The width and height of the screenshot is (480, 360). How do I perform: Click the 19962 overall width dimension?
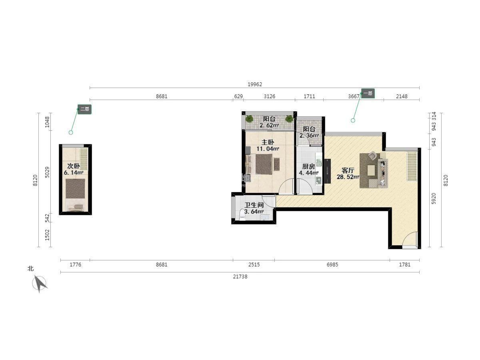(255, 84)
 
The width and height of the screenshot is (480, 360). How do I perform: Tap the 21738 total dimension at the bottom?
(240, 277)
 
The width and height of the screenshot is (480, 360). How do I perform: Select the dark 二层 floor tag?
(85, 109)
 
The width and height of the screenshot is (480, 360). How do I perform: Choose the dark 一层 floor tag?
(368, 93)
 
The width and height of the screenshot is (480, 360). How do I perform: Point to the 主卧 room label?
(268, 142)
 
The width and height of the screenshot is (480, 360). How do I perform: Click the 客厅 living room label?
(348, 170)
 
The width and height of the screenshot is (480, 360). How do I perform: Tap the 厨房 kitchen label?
(308, 166)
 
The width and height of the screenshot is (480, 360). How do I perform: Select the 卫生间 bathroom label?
(254, 205)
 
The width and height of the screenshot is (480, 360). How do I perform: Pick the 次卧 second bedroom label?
(74, 166)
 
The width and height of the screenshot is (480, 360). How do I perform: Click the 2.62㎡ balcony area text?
(269, 126)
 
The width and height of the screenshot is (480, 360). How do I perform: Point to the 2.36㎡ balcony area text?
(309, 136)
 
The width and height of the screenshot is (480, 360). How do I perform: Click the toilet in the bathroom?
(242, 215)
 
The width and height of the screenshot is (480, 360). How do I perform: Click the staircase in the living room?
(412, 166)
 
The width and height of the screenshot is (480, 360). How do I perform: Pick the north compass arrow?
(40, 283)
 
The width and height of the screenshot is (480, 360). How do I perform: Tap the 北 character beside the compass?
(31, 268)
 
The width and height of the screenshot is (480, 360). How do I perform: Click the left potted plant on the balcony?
(249, 119)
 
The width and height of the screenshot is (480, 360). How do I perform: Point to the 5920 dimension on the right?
(434, 198)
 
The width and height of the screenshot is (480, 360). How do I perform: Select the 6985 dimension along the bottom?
(332, 265)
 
